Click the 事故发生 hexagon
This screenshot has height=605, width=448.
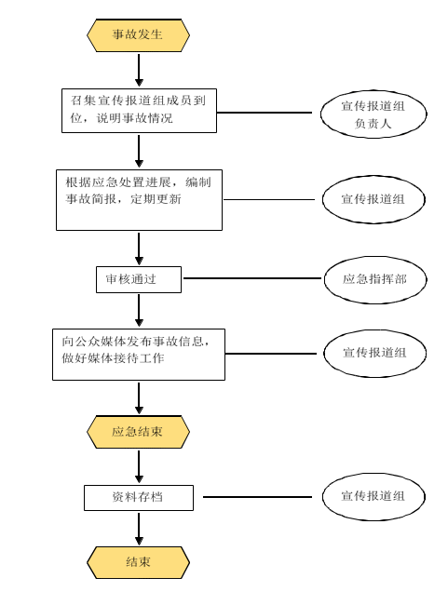pyautogui.click(x=138, y=34)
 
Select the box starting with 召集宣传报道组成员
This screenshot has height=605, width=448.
pyautogui.click(x=139, y=111)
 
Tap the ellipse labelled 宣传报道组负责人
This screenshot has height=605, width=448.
pyautogui.click(x=373, y=114)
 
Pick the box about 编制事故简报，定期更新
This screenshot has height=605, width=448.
pyautogui.click(x=139, y=200)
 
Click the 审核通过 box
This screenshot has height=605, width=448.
pyautogui.click(x=139, y=279)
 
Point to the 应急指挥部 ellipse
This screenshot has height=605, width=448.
pyautogui.click(x=375, y=279)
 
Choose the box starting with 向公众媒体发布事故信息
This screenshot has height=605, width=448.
pyautogui.click(x=139, y=355)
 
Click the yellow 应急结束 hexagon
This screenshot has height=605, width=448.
pyautogui.click(x=138, y=432)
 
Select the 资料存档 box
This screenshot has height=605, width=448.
pyautogui.click(x=139, y=498)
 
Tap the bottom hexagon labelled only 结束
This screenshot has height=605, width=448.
pyautogui.click(x=138, y=562)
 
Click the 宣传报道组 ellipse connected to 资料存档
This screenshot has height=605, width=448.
pyautogui.click(x=373, y=497)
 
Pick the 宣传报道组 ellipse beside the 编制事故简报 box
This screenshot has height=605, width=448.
pyautogui.click(x=373, y=199)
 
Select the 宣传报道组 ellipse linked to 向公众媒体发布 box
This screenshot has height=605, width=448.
pyautogui.click(x=375, y=353)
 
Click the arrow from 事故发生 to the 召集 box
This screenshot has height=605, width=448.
pyautogui.click(x=139, y=70)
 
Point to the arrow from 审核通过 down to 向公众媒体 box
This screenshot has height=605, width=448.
pyautogui.click(x=139, y=311)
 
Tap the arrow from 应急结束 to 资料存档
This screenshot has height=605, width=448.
pyautogui.click(x=139, y=466)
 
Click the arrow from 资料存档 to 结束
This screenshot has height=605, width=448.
pyautogui.click(x=139, y=529)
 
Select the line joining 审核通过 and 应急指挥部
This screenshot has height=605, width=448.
pyautogui.click(x=252, y=278)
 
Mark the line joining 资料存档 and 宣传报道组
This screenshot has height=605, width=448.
pyautogui.click(x=257, y=497)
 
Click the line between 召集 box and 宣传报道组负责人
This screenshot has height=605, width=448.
pyautogui.click(x=265, y=113)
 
